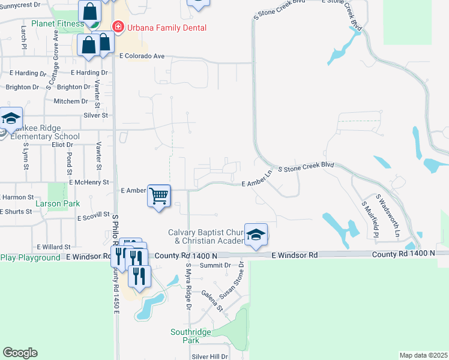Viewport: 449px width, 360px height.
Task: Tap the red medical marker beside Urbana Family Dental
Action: point(118,27)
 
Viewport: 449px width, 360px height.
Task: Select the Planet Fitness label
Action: point(58,23)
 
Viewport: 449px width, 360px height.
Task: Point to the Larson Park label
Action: point(58,204)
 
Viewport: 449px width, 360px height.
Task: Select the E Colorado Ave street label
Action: point(142,56)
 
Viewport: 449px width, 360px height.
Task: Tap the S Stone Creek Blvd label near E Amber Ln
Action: point(305,166)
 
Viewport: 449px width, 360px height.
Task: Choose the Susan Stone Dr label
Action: point(232,280)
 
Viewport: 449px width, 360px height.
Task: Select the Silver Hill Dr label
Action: point(209,356)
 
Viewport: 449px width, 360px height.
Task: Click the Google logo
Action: point(20,353)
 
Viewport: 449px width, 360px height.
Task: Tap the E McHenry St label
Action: point(89,182)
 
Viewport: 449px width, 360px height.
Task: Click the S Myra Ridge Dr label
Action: point(188,286)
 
